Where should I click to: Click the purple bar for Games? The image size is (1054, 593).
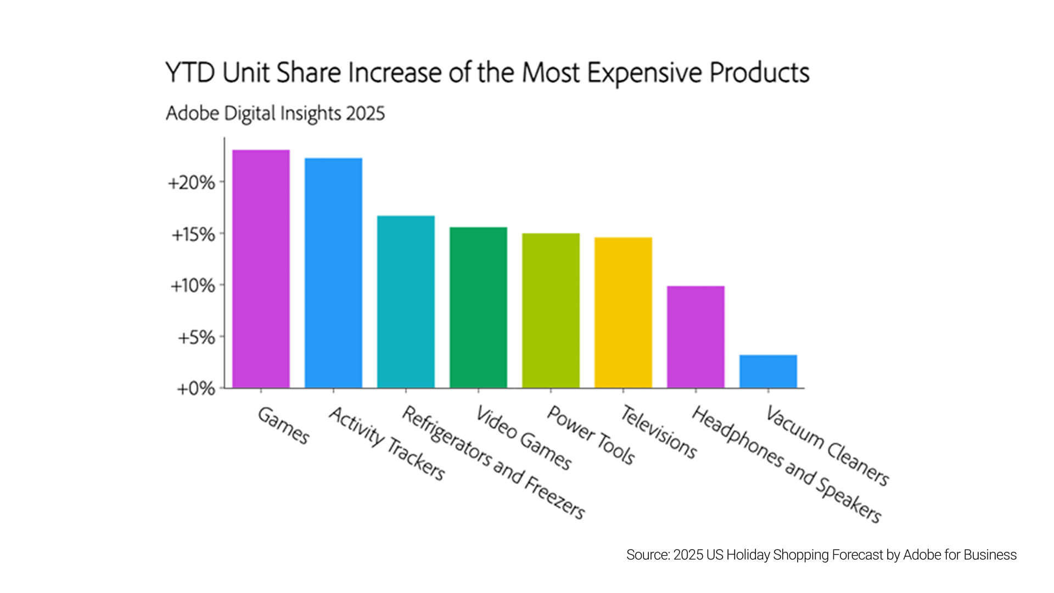pos(261,269)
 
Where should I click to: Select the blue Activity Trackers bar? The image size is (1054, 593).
pos(333,273)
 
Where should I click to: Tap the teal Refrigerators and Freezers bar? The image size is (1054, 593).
pos(406,302)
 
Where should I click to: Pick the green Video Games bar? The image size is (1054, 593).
pos(478,307)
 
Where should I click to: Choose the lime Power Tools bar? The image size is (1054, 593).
pos(551,311)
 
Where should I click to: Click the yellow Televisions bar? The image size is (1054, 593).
pos(623,312)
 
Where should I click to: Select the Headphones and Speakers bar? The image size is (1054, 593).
pos(696,337)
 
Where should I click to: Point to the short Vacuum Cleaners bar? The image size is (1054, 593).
pos(768,372)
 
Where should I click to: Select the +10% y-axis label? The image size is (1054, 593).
pos(193,286)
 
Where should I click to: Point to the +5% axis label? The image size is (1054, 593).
pos(196,338)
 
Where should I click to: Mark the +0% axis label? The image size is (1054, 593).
pos(195,389)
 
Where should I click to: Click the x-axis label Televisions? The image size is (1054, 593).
pos(658,432)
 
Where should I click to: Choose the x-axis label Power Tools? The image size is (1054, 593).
pos(591,435)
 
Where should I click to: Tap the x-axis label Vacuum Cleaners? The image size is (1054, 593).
pos(827,446)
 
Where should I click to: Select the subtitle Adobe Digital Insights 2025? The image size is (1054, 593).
pos(275,114)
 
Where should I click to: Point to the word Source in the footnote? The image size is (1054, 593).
pos(647,555)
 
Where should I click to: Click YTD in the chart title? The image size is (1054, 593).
pos(190,73)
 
